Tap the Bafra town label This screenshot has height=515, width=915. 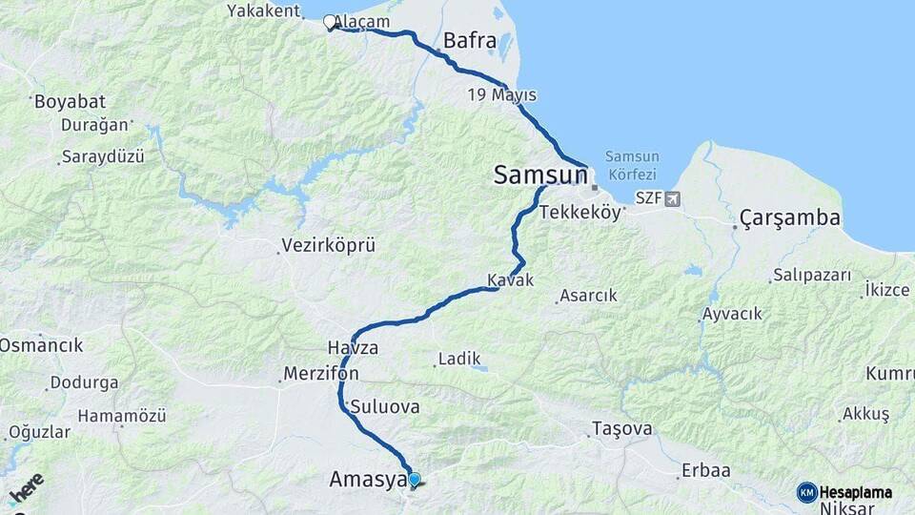(x=470, y=41)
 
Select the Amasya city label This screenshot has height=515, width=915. (x=367, y=480)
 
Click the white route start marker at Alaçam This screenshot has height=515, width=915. (x=330, y=22)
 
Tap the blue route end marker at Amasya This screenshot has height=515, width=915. (x=414, y=480)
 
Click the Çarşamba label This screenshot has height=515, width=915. (x=790, y=218)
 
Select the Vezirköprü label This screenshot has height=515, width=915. (x=328, y=246)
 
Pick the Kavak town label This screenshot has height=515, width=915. (x=510, y=280)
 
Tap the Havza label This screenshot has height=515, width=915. (x=353, y=347)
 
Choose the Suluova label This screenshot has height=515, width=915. (x=385, y=406)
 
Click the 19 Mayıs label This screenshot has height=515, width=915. (x=501, y=95)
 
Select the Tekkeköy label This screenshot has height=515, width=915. (x=580, y=213)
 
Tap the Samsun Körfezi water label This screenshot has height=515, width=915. (x=631, y=165)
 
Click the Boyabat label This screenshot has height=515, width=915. (x=70, y=102)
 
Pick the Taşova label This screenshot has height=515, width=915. (x=621, y=429)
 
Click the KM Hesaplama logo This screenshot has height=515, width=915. (x=844, y=492)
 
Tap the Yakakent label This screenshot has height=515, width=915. (x=264, y=10)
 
